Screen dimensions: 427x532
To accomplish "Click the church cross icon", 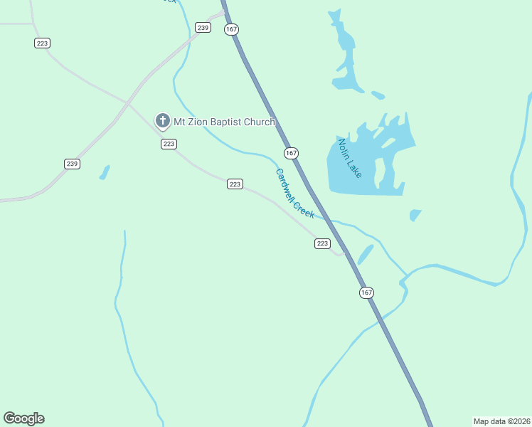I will [x=162, y=122].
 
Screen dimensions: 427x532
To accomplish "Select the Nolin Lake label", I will [x=350, y=158].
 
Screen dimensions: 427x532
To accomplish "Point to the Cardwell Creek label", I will [x=294, y=193].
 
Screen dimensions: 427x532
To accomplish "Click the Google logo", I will [x=23, y=418].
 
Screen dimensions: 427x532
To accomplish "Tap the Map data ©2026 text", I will [x=501, y=421].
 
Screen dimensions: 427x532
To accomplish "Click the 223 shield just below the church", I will [x=168, y=144].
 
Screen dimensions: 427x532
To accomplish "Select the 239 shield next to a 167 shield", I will [x=203, y=28].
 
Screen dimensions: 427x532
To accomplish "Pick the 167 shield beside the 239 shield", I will [x=230, y=29].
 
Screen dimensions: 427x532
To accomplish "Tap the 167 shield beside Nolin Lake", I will [x=291, y=153].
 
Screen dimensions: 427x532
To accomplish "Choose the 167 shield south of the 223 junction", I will [x=366, y=292].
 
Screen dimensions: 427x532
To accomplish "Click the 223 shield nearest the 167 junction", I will [x=322, y=243].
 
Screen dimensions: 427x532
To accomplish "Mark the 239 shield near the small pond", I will [x=72, y=164].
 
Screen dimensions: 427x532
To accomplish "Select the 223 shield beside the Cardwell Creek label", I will [x=235, y=184].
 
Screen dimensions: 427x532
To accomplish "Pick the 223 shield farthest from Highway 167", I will [x=42, y=43].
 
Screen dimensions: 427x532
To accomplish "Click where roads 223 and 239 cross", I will [x=128, y=104].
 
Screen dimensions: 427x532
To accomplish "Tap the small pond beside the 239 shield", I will [x=105, y=172].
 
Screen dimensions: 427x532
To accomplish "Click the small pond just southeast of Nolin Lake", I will [x=415, y=214].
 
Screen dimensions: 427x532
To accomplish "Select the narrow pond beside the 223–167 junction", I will [x=365, y=254].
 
